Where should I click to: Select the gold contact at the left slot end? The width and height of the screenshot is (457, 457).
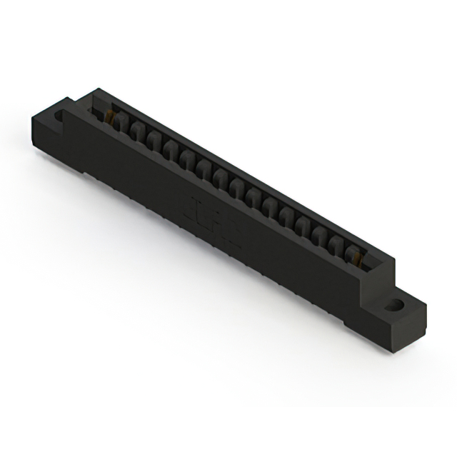(x=110, y=116)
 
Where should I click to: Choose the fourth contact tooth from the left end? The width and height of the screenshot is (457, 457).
(x=170, y=149)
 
